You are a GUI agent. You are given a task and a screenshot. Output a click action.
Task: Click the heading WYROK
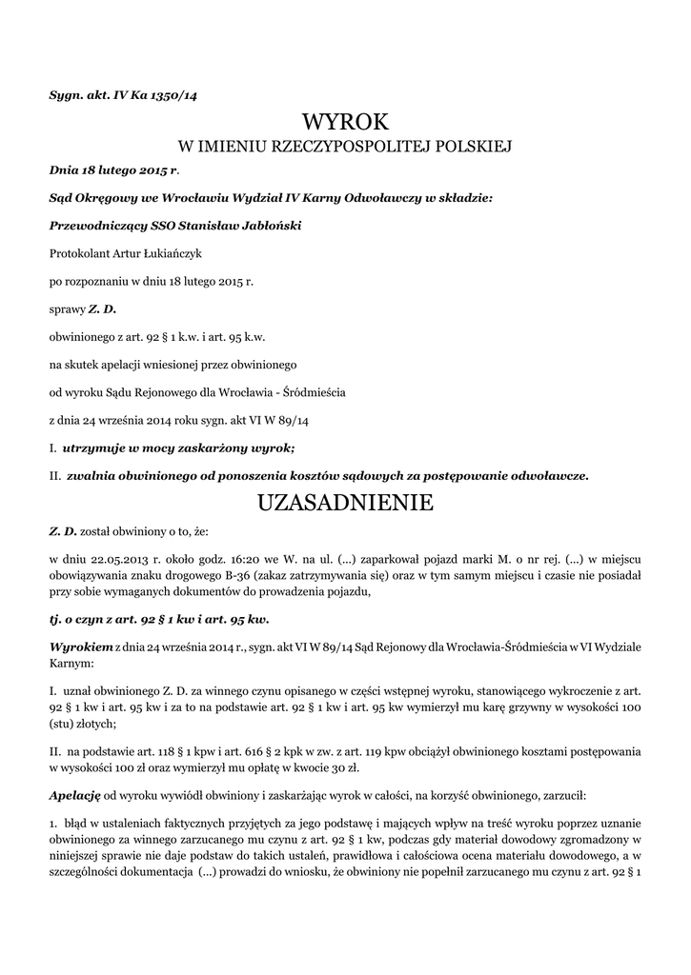[345, 122]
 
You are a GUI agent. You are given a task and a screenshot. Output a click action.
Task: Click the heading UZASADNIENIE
[345, 503]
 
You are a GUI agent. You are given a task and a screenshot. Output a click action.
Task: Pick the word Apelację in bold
[74, 793]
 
